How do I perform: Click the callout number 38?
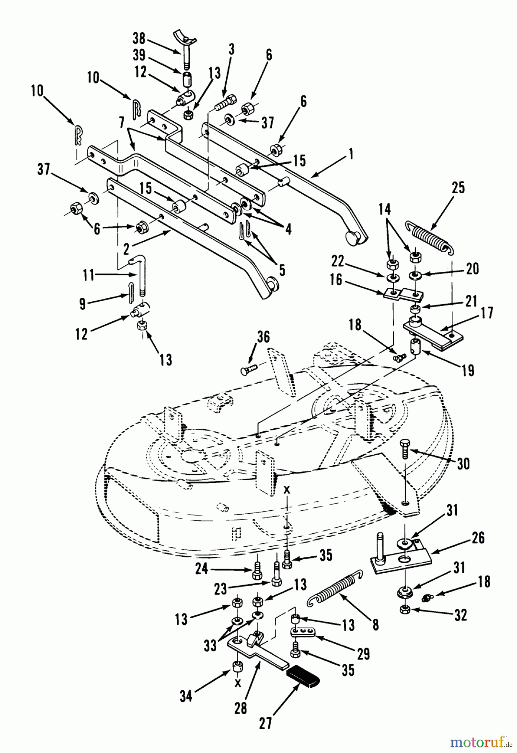[x=139, y=39]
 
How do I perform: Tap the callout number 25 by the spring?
[x=458, y=188]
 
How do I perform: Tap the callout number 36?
[x=263, y=337]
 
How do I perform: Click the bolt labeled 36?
[x=250, y=370]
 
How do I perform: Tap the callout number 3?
[x=231, y=49]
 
